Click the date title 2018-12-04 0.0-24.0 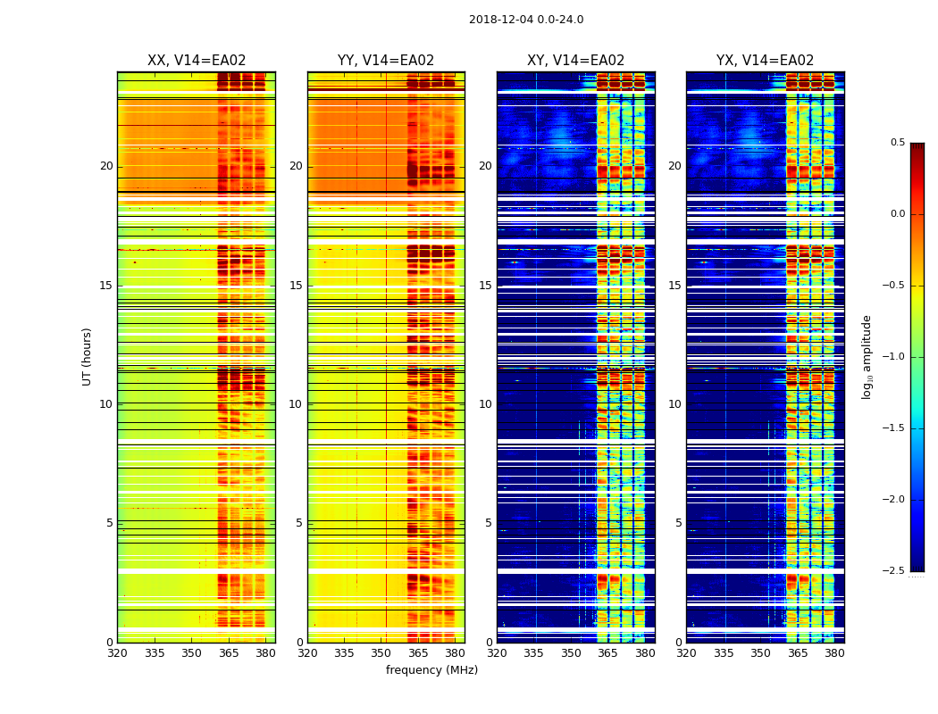point(526,20)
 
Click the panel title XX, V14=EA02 point(197,61)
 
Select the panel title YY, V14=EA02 point(386,61)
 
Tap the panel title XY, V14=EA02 point(575,61)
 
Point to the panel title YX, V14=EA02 point(765,61)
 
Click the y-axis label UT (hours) point(88,356)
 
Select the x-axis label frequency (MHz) point(431,670)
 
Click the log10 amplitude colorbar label point(867,356)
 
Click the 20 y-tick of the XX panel point(106,166)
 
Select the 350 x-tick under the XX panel point(191,653)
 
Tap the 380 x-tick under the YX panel point(834,653)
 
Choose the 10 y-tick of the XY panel point(485,404)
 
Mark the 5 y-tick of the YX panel point(678,523)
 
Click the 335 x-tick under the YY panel point(344,653)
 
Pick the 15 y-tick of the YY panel point(296,286)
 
